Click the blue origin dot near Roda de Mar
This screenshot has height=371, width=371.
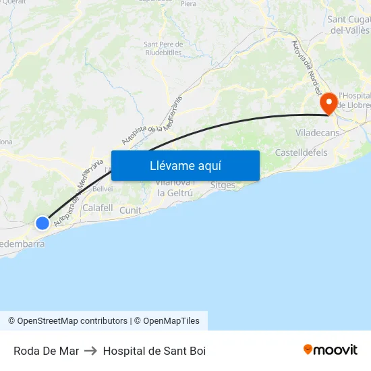click(42, 223)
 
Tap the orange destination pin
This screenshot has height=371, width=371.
click(329, 103)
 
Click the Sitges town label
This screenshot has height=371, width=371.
click(223, 185)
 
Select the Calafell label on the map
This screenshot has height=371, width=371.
click(97, 208)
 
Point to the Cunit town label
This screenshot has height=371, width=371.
click(130, 210)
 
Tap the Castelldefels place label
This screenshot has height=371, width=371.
click(301, 153)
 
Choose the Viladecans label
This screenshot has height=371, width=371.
click(316, 133)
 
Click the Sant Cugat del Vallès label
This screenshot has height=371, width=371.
click(348, 24)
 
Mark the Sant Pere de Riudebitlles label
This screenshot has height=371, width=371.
click(163, 49)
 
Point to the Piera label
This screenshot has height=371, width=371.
click(189, 4)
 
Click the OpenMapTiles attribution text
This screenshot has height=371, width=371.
click(171, 321)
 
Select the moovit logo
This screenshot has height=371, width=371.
click(331, 349)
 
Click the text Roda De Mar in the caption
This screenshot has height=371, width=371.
click(46, 351)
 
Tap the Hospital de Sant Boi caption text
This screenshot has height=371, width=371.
click(154, 351)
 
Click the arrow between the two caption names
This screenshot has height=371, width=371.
click(91, 351)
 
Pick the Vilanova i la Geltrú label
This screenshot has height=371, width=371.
click(175, 188)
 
